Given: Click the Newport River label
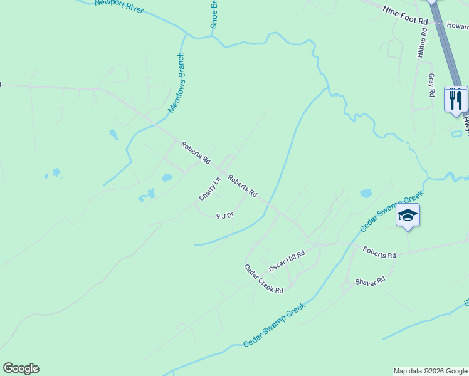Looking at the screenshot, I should [119, 6].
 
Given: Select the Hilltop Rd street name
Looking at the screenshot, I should [423, 43].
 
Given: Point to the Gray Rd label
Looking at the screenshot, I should [431, 85].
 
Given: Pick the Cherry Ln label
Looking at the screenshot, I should [210, 189].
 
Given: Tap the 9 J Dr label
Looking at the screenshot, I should [224, 216].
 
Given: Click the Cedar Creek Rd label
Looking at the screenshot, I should [263, 278].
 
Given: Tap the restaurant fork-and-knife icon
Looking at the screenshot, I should [456, 99].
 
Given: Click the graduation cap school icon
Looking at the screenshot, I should [408, 215].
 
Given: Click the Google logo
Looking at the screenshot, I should [21, 368].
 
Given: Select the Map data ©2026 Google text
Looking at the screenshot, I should [430, 371].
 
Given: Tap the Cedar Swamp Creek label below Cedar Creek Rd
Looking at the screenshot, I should [274, 325].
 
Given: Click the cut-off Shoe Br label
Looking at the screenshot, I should [214, 14].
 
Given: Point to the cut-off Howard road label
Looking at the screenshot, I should [458, 26].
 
